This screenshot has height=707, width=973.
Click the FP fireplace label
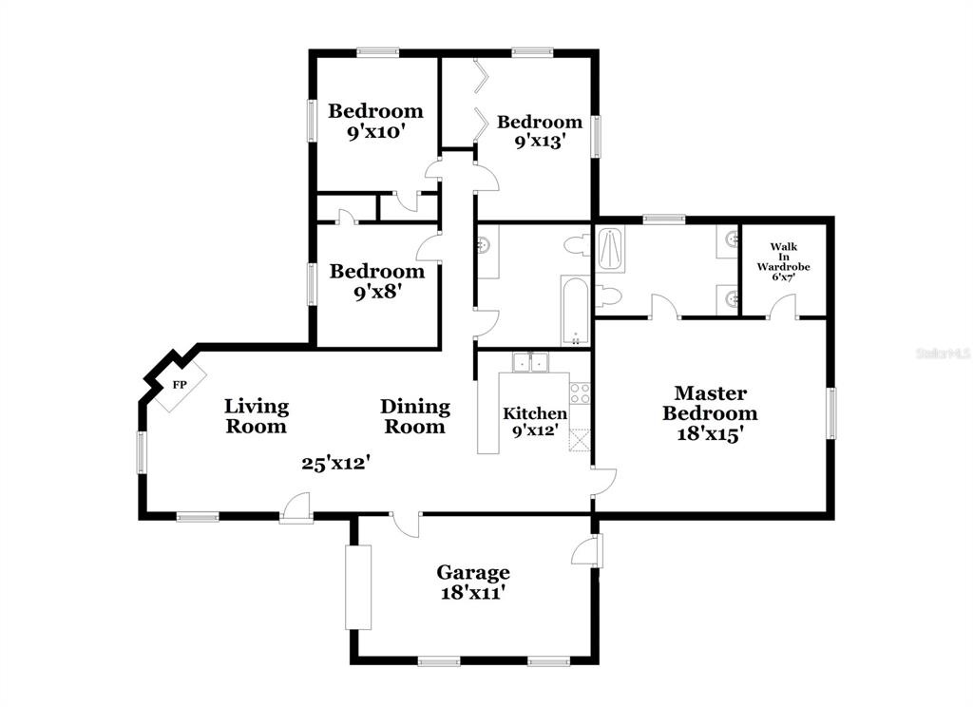[x=180, y=385]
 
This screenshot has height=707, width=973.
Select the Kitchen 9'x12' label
[x=534, y=422]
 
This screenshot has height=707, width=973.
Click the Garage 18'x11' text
[x=473, y=583]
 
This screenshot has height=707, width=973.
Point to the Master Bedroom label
[x=710, y=412]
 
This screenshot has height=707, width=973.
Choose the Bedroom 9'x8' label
[x=376, y=281]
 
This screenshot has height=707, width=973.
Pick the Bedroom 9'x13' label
[x=540, y=131]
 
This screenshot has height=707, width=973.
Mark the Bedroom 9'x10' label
[x=375, y=121]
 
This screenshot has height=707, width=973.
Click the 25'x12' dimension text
[x=336, y=463]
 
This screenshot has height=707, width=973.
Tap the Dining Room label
[x=414, y=416]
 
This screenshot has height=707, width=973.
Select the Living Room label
[x=257, y=416]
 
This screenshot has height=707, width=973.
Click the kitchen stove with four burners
[x=581, y=392]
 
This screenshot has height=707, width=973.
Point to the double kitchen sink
[x=530, y=362]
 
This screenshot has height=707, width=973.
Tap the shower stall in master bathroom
[x=611, y=249]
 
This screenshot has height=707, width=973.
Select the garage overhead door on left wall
[x=358, y=587]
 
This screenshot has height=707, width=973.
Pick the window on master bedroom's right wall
[x=830, y=413]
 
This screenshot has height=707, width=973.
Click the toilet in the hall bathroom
[x=577, y=244]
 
